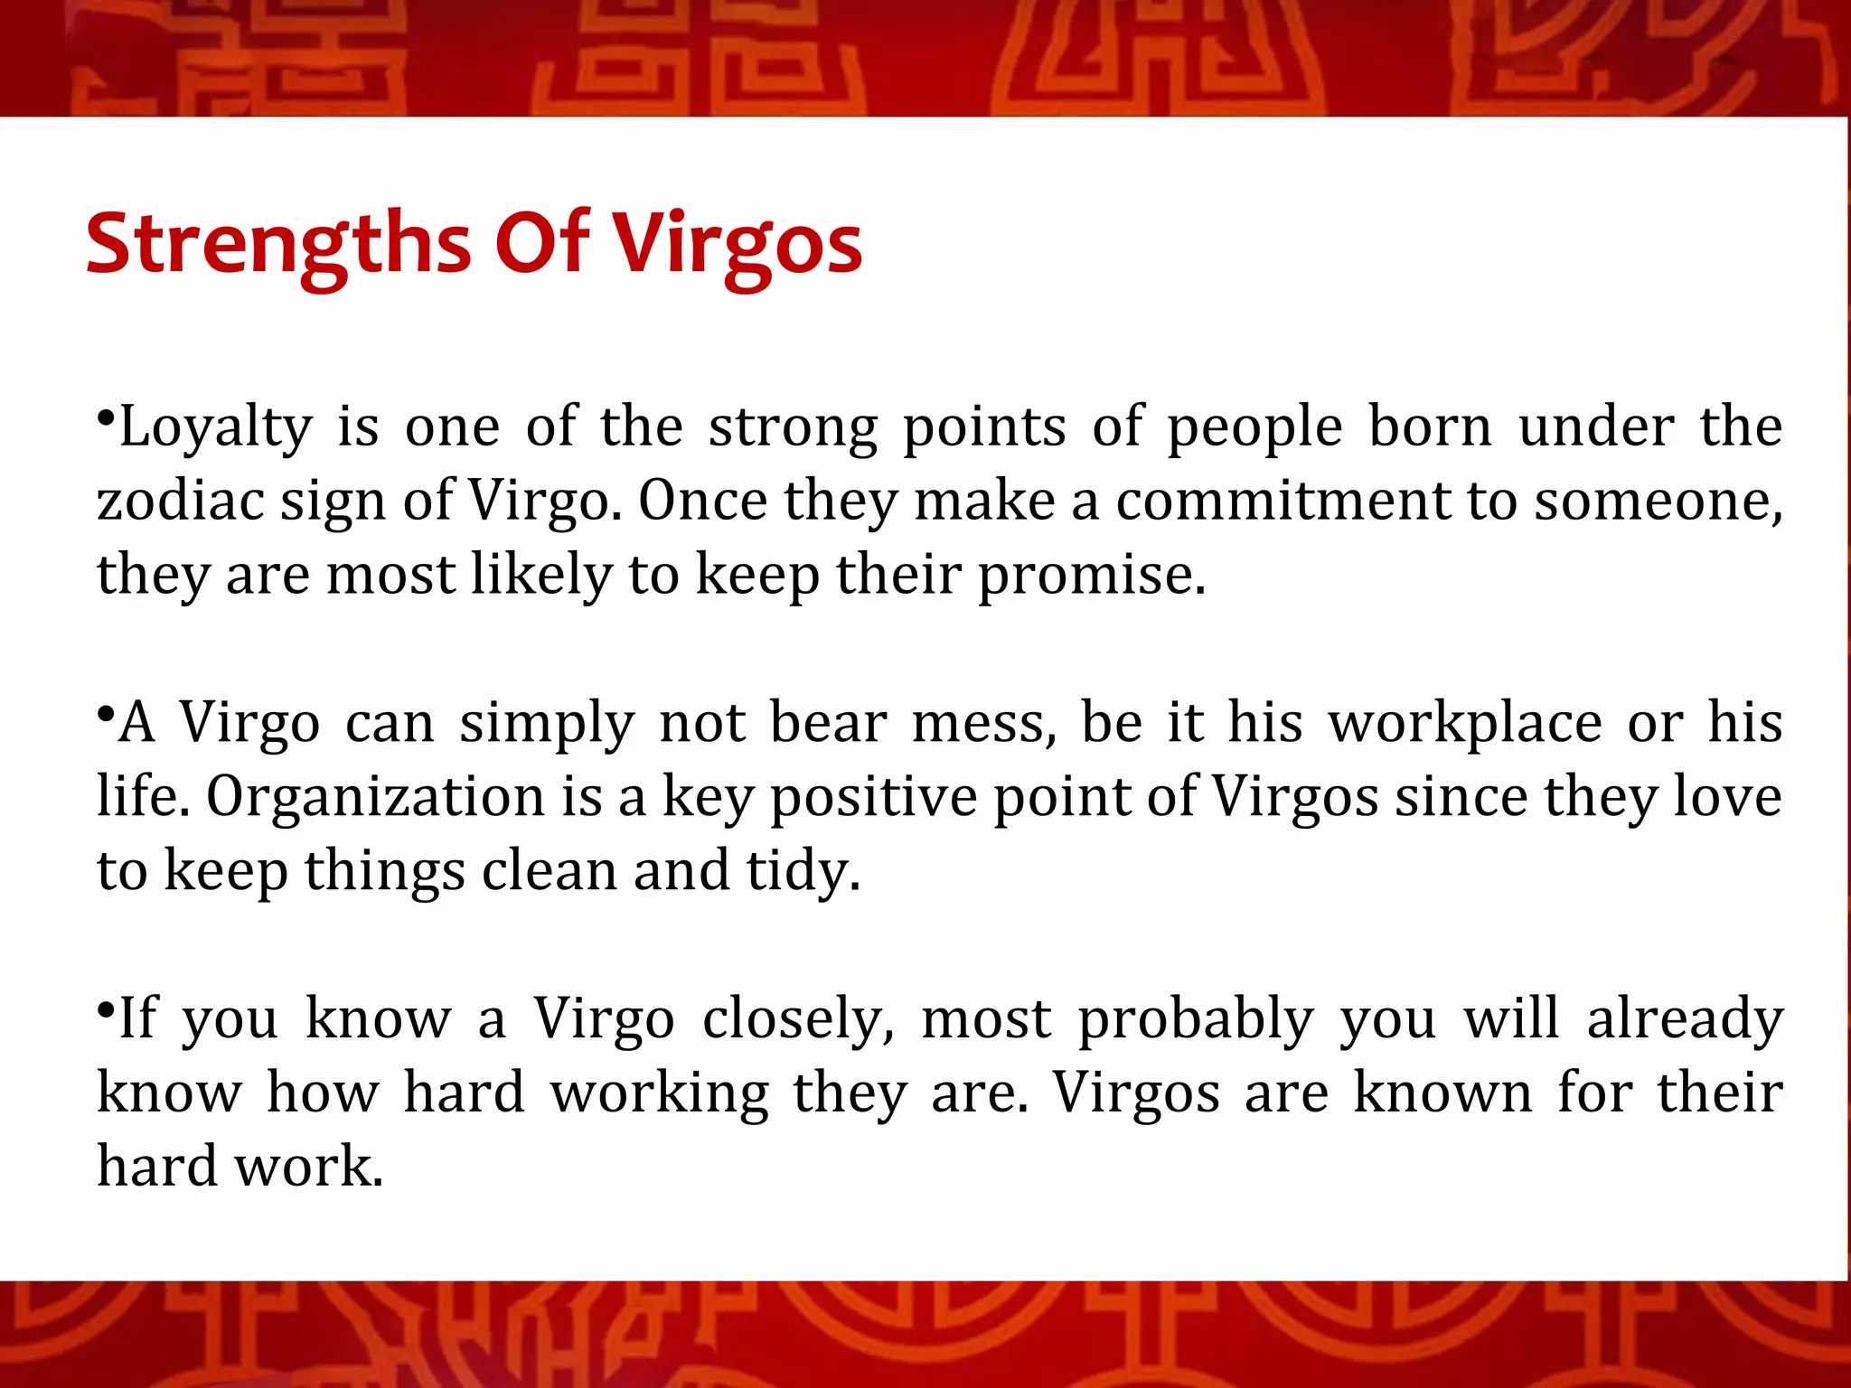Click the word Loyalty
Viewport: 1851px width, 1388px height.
point(215,427)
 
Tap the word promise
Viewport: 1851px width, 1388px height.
point(1092,575)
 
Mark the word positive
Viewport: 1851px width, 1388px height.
point(873,798)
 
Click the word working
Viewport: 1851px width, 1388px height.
point(660,1093)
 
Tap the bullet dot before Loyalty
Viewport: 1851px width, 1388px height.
point(107,418)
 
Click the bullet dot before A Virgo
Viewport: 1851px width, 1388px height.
point(107,714)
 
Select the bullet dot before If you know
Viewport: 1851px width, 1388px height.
point(107,1009)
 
